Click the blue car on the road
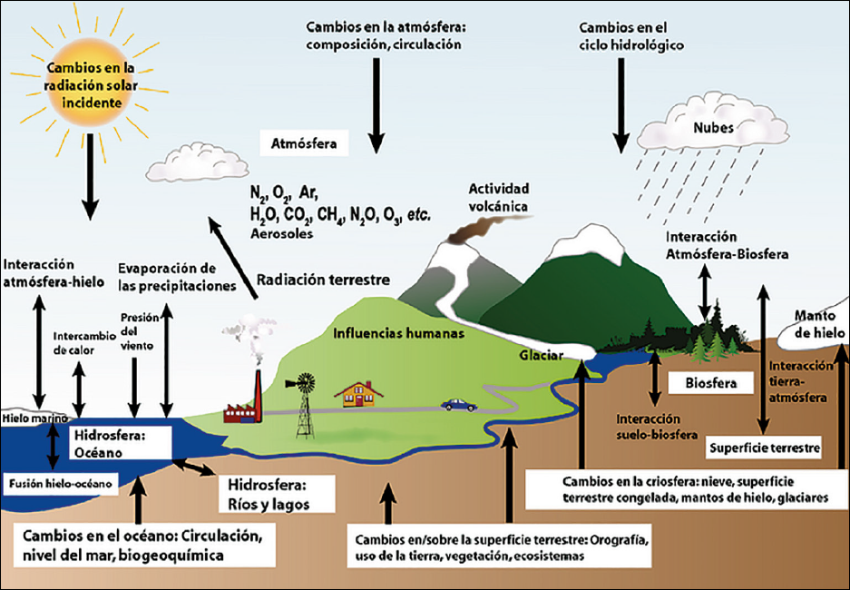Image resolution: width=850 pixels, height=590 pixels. (459, 405)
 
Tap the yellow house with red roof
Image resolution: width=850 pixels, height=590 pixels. (358, 394)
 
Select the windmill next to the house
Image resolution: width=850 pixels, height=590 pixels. (305, 405)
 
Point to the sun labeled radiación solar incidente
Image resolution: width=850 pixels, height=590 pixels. (90, 85)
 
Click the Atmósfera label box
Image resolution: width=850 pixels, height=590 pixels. (304, 143)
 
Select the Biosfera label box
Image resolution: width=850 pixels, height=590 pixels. (710, 383)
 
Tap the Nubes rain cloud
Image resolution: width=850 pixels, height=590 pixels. (712, 123)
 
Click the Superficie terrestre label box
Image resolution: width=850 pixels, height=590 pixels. (765, 447)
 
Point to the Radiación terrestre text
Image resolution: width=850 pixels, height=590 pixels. (323, 280)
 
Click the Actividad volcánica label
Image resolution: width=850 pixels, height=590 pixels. (498, 197)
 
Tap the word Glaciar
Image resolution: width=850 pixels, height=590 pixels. (541, 356)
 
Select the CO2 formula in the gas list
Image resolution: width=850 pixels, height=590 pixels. (297, 215)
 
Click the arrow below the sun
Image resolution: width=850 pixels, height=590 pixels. (90, 176)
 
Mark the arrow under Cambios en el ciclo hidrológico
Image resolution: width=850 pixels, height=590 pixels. (621, 105)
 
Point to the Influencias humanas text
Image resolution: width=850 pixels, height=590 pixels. (398, 332)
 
